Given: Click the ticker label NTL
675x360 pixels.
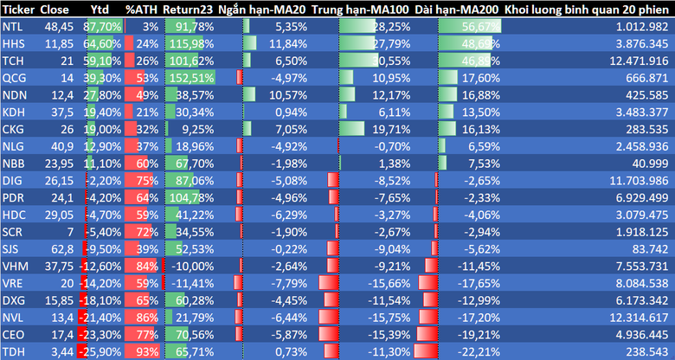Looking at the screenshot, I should (12, 27).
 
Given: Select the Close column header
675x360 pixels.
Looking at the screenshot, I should (55, 10).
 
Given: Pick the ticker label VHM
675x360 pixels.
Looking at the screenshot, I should (14, 265).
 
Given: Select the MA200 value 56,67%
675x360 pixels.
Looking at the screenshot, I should (480, 27).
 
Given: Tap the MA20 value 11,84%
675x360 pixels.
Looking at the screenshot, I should (289, 43).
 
